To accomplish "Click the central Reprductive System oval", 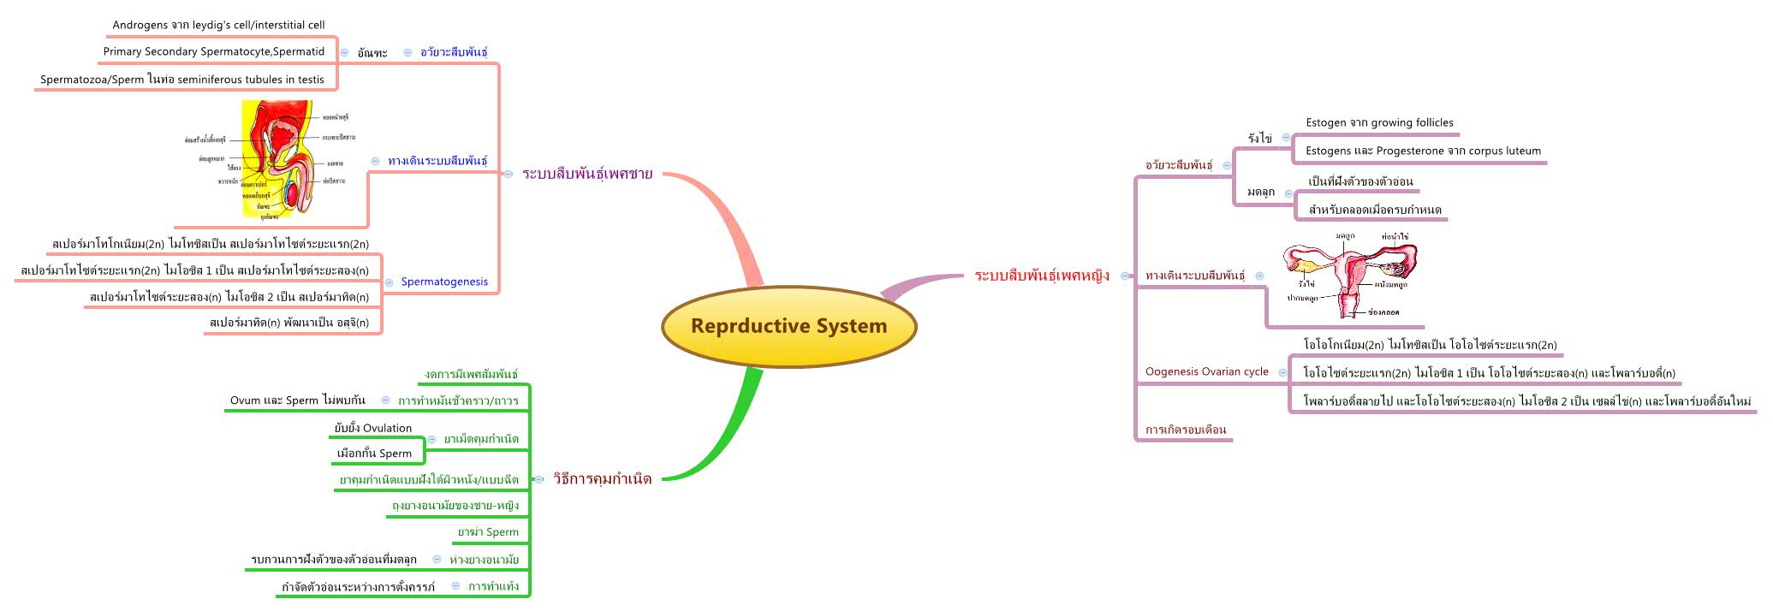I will click(x=788, y=326).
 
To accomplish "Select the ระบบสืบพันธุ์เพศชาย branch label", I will click(x=587, y=174).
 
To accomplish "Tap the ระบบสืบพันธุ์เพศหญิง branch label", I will click(x=1042, y=276).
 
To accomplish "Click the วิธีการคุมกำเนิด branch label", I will click(x=602, y=479).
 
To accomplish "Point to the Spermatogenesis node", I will click(x=444, y=282).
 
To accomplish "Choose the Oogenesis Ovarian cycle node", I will click(x=1206, y=371).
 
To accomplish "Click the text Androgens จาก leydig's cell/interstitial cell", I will click(x=218, y=25).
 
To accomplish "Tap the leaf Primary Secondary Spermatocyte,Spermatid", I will click(x=214, y=51).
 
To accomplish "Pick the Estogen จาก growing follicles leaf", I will click(x=1379, y=122).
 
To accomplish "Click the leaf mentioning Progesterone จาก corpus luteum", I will click(x=1423, y=151).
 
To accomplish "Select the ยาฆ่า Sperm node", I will click(x=488, y=531).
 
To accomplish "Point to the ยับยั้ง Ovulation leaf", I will click(x=373, y=428).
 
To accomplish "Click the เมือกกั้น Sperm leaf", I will click(x=374, y=454).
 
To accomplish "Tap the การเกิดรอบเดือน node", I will click(x=1186, y=430).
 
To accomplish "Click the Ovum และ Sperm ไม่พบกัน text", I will click(x=297, y=400).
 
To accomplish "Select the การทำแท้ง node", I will click(x=493, y=586).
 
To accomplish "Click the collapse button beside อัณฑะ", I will click(x=344, y=52).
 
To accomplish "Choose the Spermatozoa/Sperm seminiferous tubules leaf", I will click(x=182, y=80).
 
